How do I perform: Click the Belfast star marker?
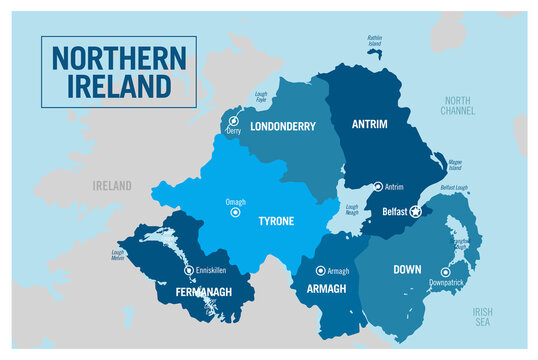pos(415,211)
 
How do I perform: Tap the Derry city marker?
pos(234,121)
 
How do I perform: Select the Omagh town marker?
pos(235,212)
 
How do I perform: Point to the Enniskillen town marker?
pos(188,270)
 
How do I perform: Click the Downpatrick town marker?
pos(445,272)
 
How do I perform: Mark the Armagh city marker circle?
pos(321,270)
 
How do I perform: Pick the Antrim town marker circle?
pos(377,186)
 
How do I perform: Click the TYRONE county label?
pos(276,221)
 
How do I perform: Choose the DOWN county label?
pos(406,269)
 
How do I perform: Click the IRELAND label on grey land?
pos(112,186)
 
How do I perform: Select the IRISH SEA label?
pos(484,316)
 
